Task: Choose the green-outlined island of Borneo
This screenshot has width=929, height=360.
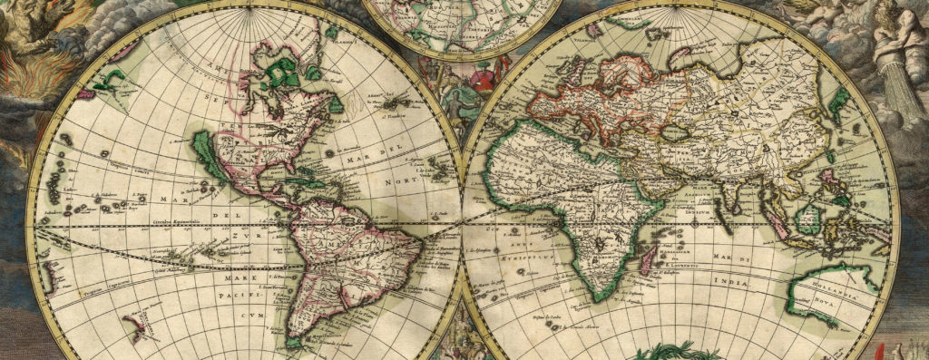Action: point(807,219)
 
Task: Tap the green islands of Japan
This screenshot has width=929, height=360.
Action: point(839,98)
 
